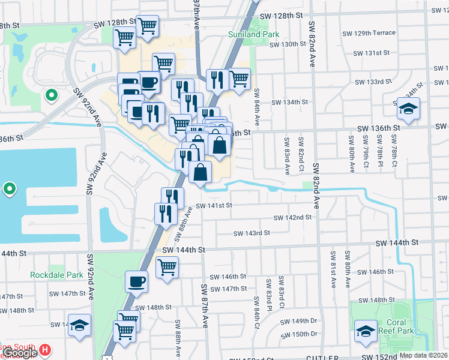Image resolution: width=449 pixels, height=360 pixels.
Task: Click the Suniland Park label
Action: pos(251,34)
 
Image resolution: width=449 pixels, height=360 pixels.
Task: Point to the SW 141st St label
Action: pos(213,205)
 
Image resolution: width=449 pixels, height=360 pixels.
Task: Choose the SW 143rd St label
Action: pos(252,233)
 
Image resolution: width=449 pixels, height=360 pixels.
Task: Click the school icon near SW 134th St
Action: pos(408,109)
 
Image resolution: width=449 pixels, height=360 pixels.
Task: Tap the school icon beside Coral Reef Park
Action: pos(366,329)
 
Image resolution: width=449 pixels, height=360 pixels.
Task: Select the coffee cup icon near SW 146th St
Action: pos(137,281)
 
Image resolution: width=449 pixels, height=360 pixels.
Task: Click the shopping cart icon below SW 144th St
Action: pos(167,266)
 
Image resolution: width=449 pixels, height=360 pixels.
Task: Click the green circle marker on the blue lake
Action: pos(9,189)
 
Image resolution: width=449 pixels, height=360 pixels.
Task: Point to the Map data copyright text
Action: pos(423,355)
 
